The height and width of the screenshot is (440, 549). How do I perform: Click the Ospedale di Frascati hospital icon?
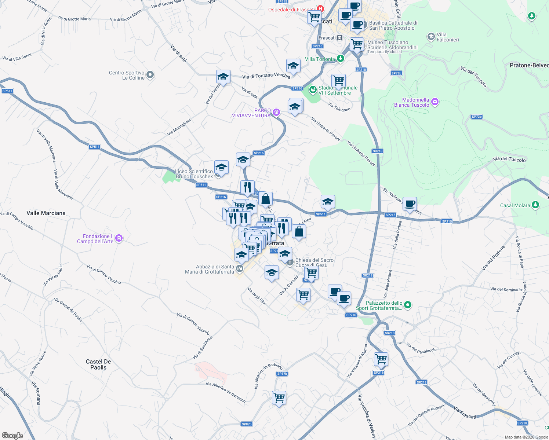click(x=321, y=8)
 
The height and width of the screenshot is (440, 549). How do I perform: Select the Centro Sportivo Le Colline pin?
click(x=150, y=75)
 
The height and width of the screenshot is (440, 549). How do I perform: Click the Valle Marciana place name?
click(x=46, y=213)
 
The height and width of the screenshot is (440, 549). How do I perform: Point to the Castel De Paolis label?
click(x=98, y=364)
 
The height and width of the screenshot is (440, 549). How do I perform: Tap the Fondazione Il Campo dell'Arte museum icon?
click(x=119, y=239)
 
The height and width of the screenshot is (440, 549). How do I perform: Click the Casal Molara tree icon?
click(x=535, y=205)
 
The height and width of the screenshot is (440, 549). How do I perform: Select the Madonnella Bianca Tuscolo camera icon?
click(x=435, y=102)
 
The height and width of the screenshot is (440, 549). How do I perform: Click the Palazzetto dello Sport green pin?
click(x=408, y=305)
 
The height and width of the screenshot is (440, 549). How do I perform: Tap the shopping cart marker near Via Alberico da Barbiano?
click(x=279, y=397)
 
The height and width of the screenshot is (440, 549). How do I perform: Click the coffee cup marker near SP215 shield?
click(x=410, y=204)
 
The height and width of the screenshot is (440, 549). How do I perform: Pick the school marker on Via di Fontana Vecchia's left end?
click(x=223, y=77)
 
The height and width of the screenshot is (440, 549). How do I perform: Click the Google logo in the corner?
click(x=12, y=436)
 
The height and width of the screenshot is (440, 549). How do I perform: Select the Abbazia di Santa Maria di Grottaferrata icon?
click(x=240, y=269)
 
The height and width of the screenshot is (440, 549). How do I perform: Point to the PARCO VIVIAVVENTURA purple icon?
click(x=276, y=113)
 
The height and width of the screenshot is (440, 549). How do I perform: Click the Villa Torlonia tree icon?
click(x=341, y=58)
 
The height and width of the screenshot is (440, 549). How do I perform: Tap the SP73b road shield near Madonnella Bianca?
click(x=476, y=117)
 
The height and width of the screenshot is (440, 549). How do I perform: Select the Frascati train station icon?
click(x=340, y=37)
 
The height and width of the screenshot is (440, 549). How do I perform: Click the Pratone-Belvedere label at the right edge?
click(x=529, y=65)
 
